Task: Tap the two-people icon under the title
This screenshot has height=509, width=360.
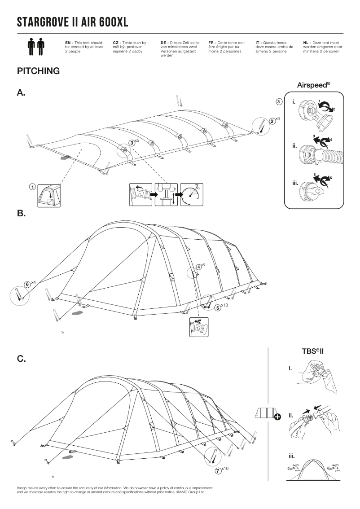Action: pos(36,47)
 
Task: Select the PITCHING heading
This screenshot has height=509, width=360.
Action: pos(38,71)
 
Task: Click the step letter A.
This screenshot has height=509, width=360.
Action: pos(21,93)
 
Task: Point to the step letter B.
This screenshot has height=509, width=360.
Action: pos(21,214)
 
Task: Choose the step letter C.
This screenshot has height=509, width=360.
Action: pos(21,359)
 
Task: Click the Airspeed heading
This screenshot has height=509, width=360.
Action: pos(313,84)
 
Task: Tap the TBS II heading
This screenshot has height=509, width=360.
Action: pos(313,350)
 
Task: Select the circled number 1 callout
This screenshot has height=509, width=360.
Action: pos(32,187)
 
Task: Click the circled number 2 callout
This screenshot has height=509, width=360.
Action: pos(272,121)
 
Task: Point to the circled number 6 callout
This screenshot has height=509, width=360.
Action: pos(27,284)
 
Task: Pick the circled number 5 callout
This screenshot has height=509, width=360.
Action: pos(218,308)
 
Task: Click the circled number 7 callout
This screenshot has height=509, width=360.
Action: pos(218,471)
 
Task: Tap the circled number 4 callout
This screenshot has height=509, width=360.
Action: pos(199,267)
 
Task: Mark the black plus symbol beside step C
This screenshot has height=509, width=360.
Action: pos(277,417)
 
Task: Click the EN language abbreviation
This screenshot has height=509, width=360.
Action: pos(68,42)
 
